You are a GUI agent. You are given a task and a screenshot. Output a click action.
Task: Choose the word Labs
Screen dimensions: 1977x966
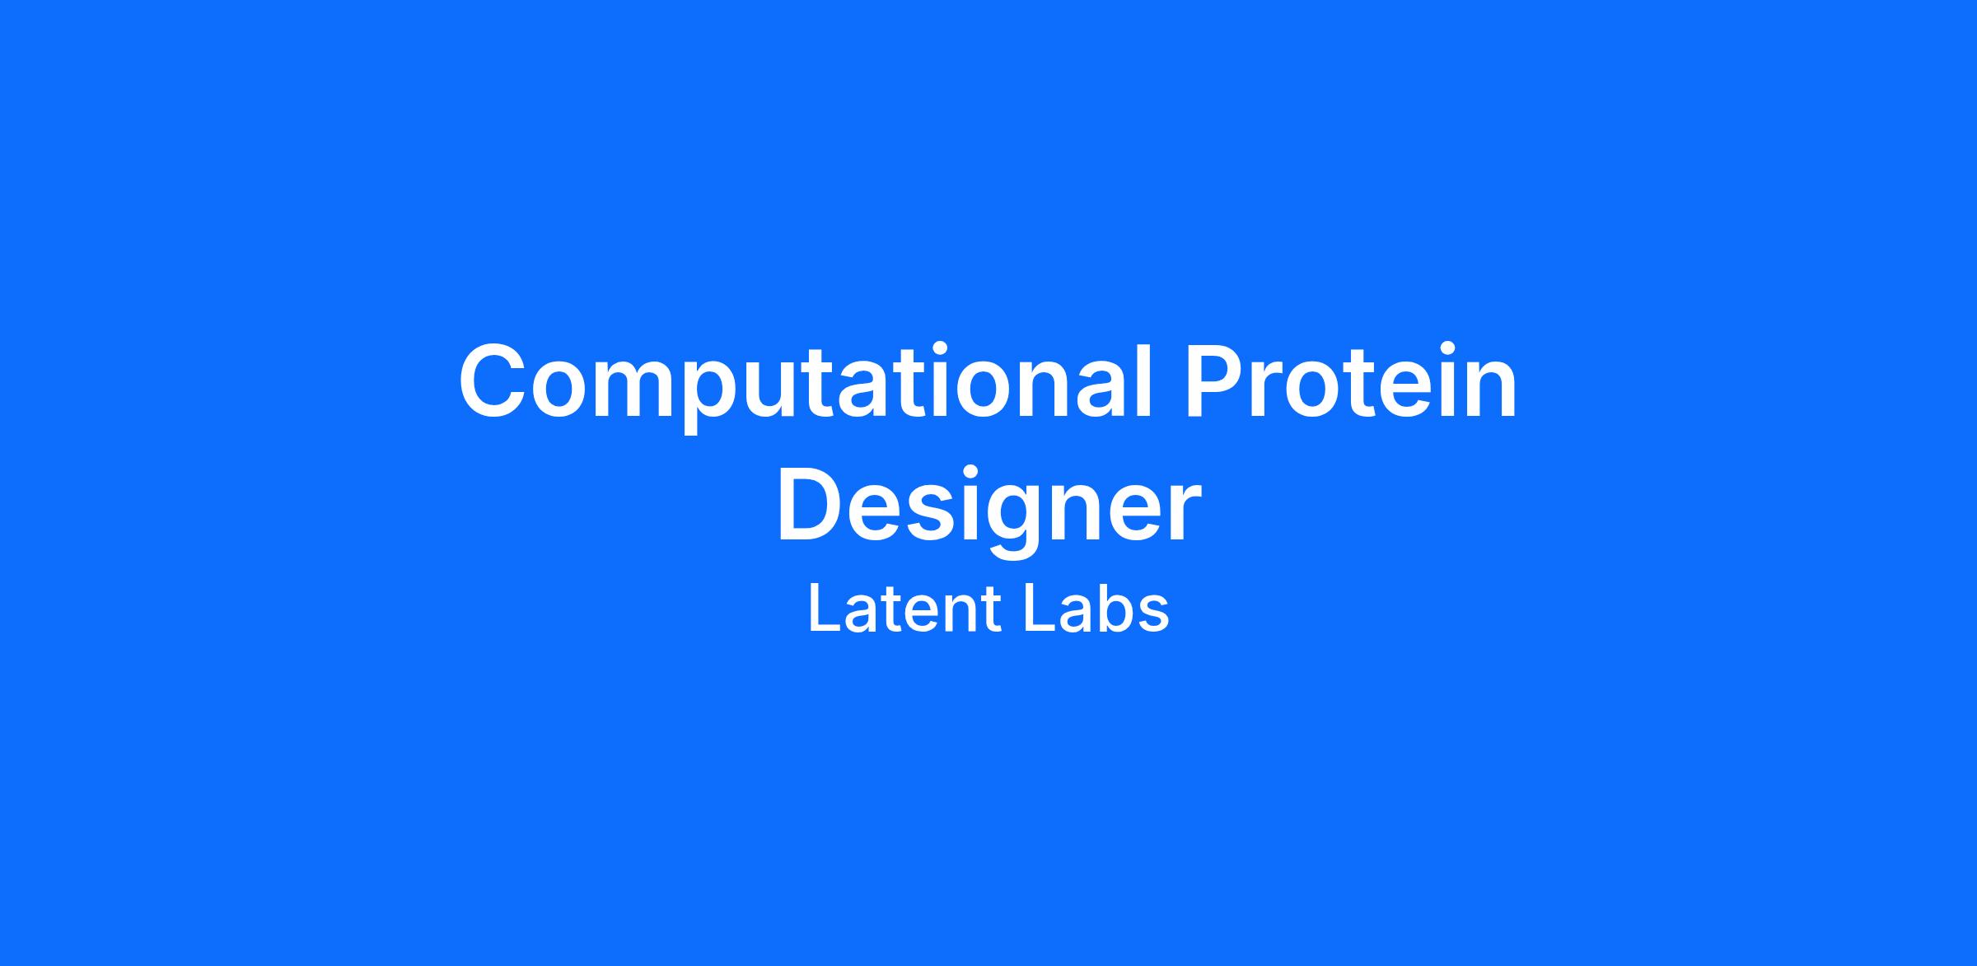click(1096, 609)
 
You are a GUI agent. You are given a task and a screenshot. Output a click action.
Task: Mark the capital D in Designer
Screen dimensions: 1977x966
click(811, 504)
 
